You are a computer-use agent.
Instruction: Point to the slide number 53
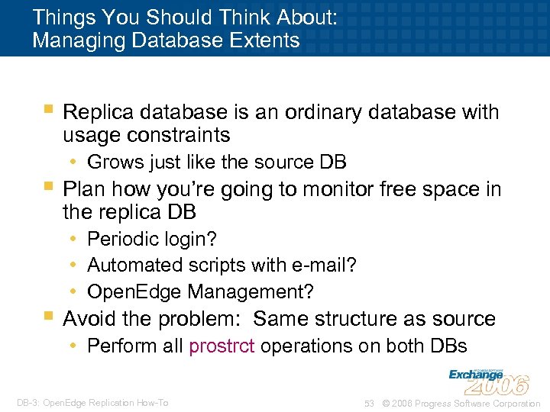(x=369, y=403)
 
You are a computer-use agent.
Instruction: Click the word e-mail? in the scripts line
(x=324, y=265)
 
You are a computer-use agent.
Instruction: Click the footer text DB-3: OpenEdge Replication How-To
(x=91, y=403)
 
